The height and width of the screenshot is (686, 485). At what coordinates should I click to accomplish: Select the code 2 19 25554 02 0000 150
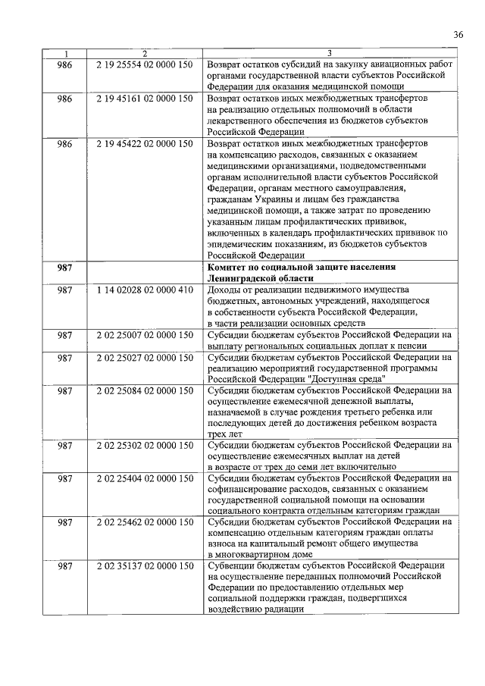click(x=145, y=65)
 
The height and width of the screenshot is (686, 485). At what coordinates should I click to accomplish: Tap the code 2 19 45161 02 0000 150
click(x=145, y=99)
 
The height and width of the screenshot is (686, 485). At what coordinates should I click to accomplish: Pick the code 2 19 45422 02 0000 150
click(x=145, y=143)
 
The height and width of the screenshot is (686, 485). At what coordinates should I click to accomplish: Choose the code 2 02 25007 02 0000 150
click(x=145, y=335)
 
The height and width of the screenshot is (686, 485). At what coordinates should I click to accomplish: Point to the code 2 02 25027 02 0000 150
click(x=145, y=357)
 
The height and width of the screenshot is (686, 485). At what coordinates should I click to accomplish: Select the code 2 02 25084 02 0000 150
click(x=145, y=390)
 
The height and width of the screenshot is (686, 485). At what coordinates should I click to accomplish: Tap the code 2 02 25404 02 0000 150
click(x=145, y=479)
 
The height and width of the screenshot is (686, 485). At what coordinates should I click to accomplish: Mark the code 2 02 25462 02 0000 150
click(x=145, y=523)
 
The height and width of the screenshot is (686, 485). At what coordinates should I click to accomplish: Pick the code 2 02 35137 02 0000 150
click(x=145, y=568)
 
